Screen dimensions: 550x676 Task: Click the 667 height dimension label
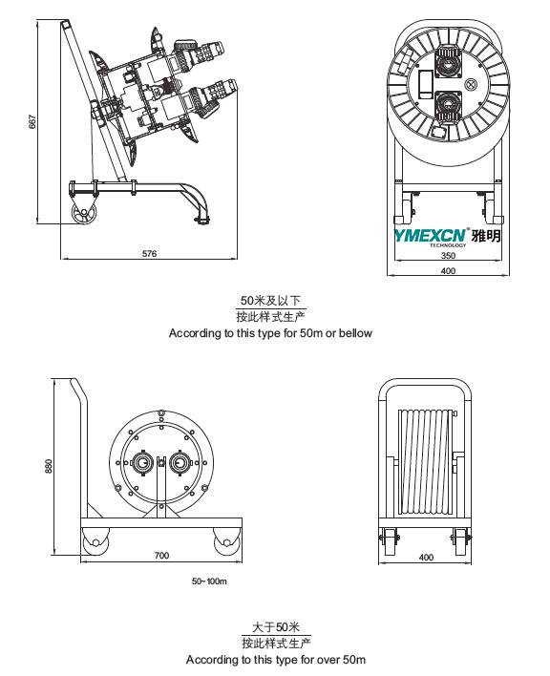(x=32, y=121)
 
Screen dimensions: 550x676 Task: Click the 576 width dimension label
(x=149, y=254)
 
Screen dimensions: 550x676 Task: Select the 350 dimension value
(x=448, y=255)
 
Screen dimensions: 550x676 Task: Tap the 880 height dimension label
(x=49, y=466)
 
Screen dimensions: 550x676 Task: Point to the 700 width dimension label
(x=161, y=556)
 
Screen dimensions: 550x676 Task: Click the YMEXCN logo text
(x=431, y=236)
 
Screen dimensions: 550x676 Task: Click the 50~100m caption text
(x=209, y=581)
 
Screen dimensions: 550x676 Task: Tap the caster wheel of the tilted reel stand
(x=84, y=214)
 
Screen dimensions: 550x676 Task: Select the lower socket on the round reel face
(x=448, y=106)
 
